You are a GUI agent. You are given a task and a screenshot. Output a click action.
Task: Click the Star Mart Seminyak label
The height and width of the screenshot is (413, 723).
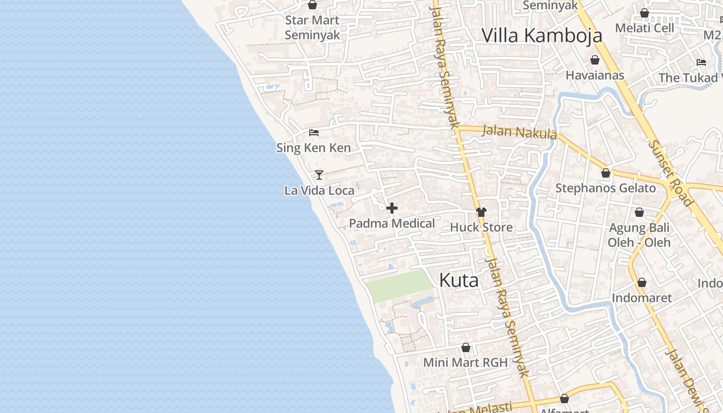312,28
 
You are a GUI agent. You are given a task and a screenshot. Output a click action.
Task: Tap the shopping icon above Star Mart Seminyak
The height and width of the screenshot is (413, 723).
312,5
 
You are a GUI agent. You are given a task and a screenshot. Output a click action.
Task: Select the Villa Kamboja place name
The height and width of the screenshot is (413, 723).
542,35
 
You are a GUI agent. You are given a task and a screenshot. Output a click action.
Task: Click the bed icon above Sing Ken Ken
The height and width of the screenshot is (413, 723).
314,133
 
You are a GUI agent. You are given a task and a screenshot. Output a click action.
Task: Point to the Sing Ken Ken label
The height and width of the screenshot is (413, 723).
313,148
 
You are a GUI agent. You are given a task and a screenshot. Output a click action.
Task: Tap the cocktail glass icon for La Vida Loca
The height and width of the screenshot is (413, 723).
319,175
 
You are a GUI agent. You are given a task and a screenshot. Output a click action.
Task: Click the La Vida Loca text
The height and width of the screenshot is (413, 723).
319,190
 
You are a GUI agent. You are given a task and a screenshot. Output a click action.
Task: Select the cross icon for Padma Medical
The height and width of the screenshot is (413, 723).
392,209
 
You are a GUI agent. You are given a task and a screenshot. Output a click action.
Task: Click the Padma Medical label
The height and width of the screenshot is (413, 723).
392,224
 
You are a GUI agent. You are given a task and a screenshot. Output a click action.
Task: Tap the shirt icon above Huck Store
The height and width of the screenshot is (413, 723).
481,212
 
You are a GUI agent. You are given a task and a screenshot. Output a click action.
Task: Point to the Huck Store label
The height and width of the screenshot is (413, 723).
481,227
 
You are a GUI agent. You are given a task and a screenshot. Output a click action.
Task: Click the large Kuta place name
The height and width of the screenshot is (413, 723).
459,280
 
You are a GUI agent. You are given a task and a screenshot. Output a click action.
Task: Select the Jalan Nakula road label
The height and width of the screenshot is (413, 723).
519,132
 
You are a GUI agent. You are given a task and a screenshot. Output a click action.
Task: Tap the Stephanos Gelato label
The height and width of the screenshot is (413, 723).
605,188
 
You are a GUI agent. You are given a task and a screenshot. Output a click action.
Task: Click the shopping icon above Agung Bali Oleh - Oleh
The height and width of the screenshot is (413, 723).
639,212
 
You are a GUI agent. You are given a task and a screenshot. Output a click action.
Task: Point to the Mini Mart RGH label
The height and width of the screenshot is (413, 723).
465,362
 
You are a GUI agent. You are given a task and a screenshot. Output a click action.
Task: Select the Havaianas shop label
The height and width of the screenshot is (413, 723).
595,75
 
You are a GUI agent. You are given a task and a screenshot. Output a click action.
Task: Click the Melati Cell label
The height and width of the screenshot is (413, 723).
645,28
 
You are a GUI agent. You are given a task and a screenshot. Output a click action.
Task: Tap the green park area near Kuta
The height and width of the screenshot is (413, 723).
399,285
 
